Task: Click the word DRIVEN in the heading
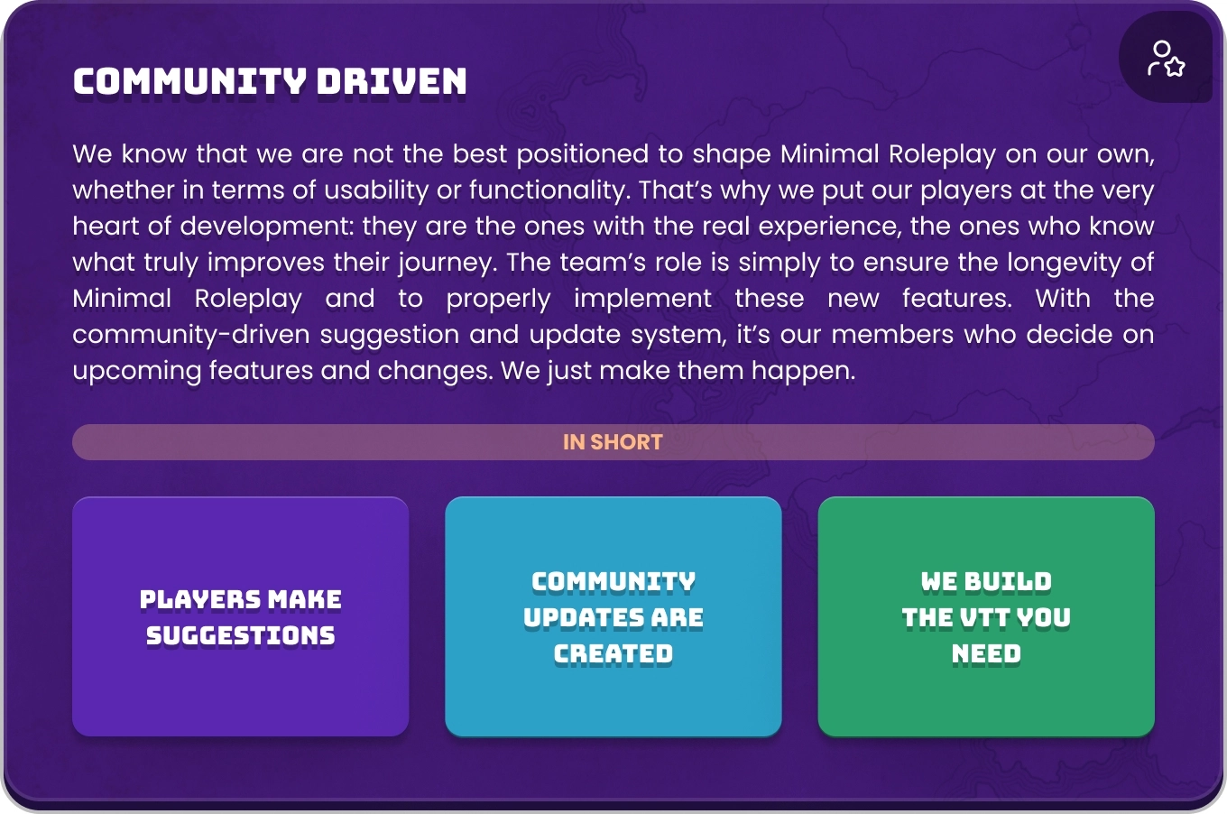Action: pos(392,82)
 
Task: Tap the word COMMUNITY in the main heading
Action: pos(189,82)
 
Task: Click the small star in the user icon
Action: pos(1175,68)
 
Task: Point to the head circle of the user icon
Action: pos(1161,50)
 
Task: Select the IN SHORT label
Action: pos(613,442)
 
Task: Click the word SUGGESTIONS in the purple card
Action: pos(241,635)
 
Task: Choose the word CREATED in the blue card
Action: pos(613,653)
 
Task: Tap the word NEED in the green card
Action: pos(986,653)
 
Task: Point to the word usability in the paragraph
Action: pos(375,190)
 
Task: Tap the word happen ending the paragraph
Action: pos(803,372)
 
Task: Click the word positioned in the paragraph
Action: pos(583,154)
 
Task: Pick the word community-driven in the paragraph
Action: pos(191,335)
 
